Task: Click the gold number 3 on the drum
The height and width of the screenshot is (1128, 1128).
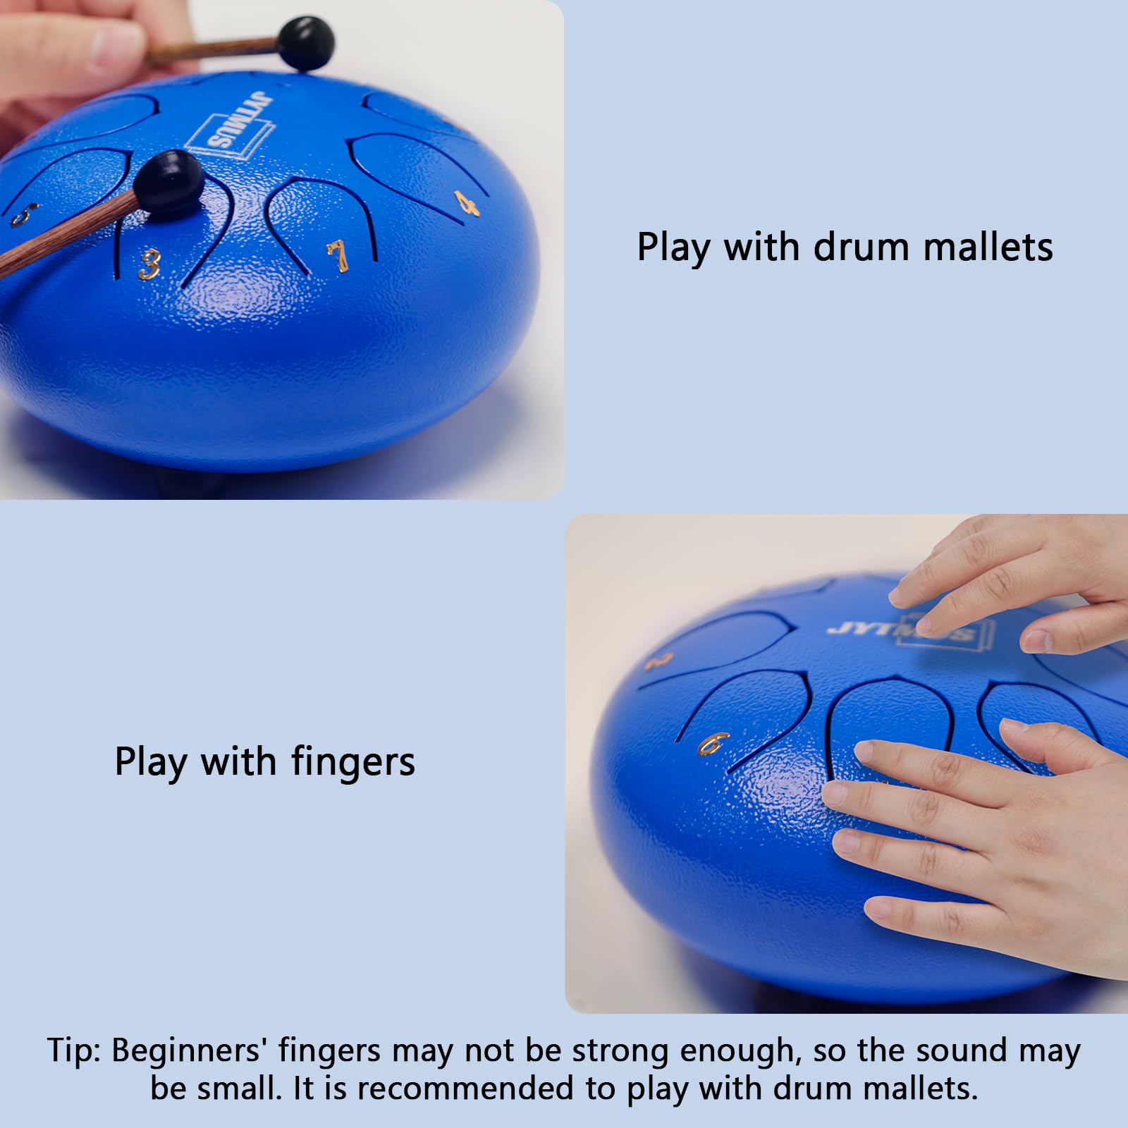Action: coord(149,264)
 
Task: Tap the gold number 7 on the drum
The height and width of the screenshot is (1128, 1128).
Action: coord(338,256)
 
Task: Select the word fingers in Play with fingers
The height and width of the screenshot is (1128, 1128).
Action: coord(353,762)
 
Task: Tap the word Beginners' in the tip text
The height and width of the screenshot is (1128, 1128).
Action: coord(188,1050)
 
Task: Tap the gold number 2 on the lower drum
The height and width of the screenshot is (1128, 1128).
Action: coord(658,661)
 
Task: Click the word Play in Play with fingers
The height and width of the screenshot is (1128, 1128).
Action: coord(151,762)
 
